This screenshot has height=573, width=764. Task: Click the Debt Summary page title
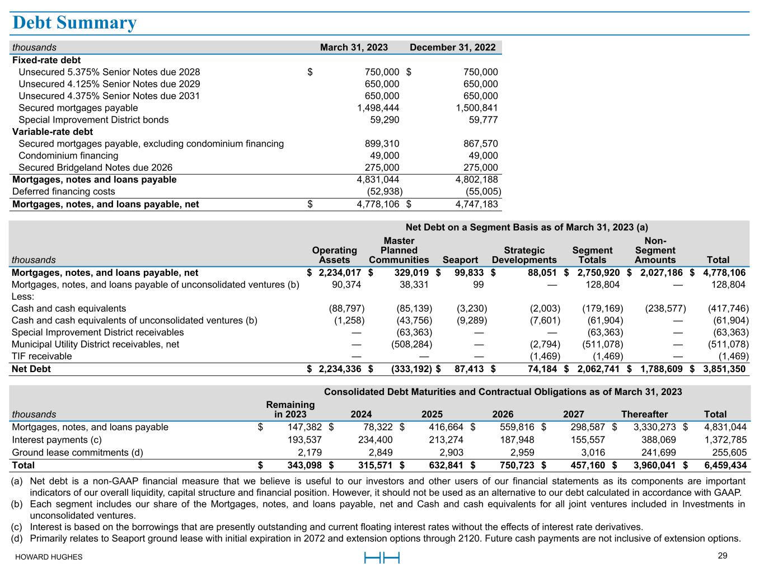(x=74, y=23)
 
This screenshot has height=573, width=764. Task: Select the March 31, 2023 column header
(x=354, y=48)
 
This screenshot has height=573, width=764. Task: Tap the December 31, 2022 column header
(x=452, y=48)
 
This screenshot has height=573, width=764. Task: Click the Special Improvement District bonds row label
(x=93, y=120)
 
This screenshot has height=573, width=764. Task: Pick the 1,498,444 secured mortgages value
(x=378, y=108)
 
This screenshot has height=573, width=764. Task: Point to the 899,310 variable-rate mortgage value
(x=382, y=144)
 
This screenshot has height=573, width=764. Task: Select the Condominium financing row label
(x=68, y=156)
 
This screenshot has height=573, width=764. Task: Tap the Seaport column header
(x=460, y=260)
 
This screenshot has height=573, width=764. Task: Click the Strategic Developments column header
(x=524, y=255)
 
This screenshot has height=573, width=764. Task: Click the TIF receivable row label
(x=42, y=356)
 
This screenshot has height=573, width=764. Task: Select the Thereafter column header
(x=644, y=415)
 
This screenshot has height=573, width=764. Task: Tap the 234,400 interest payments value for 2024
(x=375, y=440)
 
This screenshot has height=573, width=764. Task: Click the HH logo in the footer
(x=382, y=557)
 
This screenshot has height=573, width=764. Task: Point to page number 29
(x=723, y=556)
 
